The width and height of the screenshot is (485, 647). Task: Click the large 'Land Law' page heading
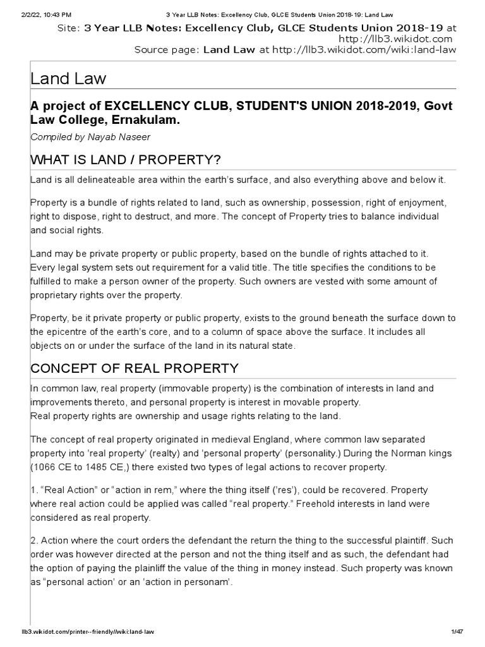pos(69,79)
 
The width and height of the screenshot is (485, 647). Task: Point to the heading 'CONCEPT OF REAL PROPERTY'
pos(135,368)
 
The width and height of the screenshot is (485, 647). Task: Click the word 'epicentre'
pos(66,332)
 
